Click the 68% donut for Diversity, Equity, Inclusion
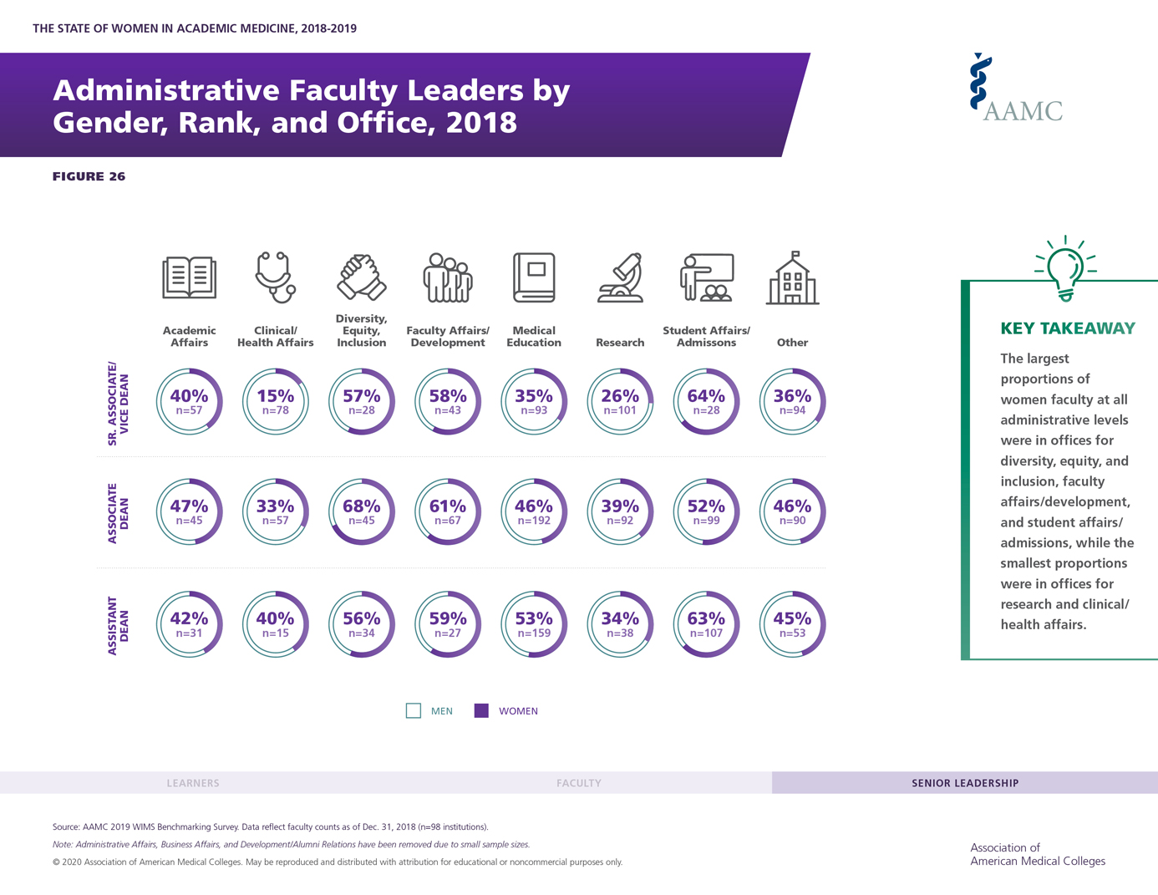361,511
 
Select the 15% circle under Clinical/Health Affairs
275,401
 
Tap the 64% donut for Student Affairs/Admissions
706,401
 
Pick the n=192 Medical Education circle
534,511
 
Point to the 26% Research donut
620,401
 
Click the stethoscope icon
275,277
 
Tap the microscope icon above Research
620,277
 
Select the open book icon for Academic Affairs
189,277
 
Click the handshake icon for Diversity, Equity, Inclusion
361,277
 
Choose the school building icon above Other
792,278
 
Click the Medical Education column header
534,336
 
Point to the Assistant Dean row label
119,625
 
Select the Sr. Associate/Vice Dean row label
119,403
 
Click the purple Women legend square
481,711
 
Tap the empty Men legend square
414,711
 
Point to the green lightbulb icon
1065,268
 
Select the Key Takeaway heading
1068,328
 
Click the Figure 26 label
89,176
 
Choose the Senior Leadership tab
965,783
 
